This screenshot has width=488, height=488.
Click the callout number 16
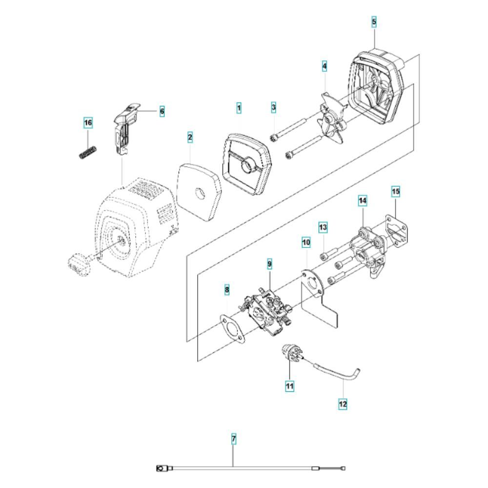click(x=88, y=122)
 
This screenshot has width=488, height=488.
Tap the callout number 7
click(x=234, y=439)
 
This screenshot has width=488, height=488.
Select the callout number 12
click(x=343, y=404)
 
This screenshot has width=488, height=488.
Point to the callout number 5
click(x=374, y=22)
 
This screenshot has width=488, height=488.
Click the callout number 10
click(x=306, y=242)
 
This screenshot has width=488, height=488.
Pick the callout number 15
click(x=396, y=191)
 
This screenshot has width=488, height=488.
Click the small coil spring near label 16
click(x=87, y=152)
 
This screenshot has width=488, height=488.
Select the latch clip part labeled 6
click(x=126, y=128)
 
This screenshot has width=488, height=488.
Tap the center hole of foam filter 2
click(x=201, y=194)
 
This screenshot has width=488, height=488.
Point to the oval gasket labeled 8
click(x=232, y=328)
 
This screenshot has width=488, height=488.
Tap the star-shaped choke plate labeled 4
click(x=331, y=118)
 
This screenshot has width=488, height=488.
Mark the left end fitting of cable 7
click(x=163, y=468)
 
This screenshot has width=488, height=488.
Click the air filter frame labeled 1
click(x=247, y=163)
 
